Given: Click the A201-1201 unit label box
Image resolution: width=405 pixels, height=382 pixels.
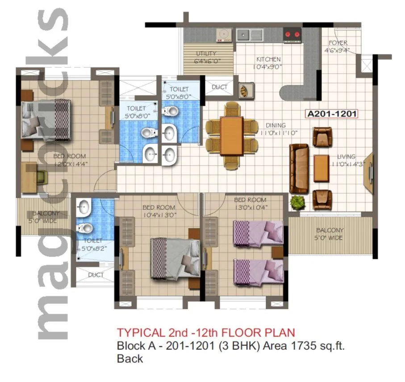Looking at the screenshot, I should (x=332, y=114).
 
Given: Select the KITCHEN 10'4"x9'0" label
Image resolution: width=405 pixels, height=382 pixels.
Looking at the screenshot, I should (x=268, y=63).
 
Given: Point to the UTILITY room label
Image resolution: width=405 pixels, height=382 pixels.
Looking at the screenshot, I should (x=206, y=58).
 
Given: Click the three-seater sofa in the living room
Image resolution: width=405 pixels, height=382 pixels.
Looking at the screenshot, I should (x=299, y=168).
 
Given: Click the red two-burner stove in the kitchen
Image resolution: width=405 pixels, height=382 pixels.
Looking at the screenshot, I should (x=293, y=34).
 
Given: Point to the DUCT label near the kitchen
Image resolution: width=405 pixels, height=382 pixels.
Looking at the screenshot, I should (x=219, y=87).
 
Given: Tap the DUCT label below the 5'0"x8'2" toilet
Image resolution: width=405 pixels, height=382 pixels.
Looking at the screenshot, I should (x=96, y=275).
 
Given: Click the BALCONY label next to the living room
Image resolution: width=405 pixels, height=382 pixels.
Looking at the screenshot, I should (x=330, y=234).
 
